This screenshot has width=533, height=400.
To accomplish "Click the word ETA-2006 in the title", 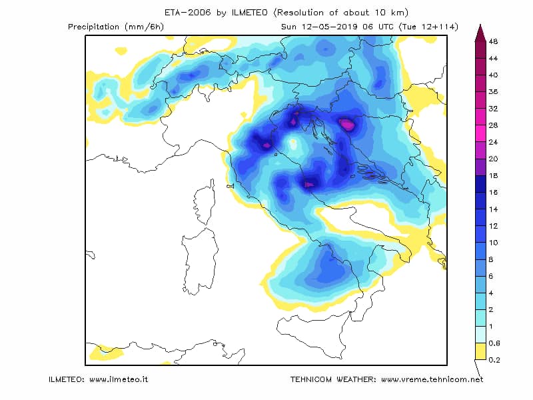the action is [x=187, y=13].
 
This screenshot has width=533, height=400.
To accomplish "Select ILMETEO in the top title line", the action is [x=249, y=13].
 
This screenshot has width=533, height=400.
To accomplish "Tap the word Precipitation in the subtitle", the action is [x=93, y=27].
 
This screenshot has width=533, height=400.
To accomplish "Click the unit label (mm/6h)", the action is [x=145, y=27].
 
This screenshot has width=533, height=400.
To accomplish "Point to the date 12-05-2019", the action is [x=329, y=27].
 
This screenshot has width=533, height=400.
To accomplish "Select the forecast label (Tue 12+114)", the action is [x=428, y=27].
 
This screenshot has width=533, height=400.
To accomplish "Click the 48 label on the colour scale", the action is [x=493, y=41].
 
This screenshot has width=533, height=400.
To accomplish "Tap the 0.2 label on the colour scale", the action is [x=494, y=360].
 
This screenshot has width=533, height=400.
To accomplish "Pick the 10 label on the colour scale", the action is [x=493, y=243].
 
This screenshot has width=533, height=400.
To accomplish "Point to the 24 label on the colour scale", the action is [x=493, y=142].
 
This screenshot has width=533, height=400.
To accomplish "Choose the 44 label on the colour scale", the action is [x=493, y=59].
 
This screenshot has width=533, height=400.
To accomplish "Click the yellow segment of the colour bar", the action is [x=480, y=351].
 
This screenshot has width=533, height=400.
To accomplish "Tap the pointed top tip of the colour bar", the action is [x=480, y=25].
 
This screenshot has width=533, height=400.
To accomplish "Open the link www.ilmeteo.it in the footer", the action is [x=119, y=379].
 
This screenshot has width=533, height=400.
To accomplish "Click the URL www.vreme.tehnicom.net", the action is [x=432, y=379].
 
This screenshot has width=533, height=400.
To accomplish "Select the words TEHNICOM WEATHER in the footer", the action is [x=332, y=379].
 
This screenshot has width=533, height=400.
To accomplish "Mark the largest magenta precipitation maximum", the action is [x=347, y=125].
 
